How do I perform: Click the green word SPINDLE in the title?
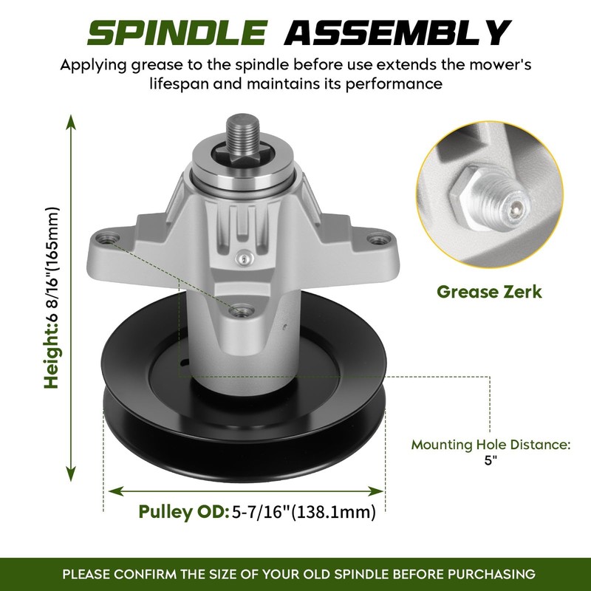pos(177,33)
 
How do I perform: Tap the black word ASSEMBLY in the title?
pos(397,33)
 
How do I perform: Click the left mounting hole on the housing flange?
pos(107,239)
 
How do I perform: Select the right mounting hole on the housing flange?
pos(379,239)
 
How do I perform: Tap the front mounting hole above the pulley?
pos(242,311)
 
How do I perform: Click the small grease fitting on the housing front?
pos(244,259)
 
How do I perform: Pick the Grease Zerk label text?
pos(489,292)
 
